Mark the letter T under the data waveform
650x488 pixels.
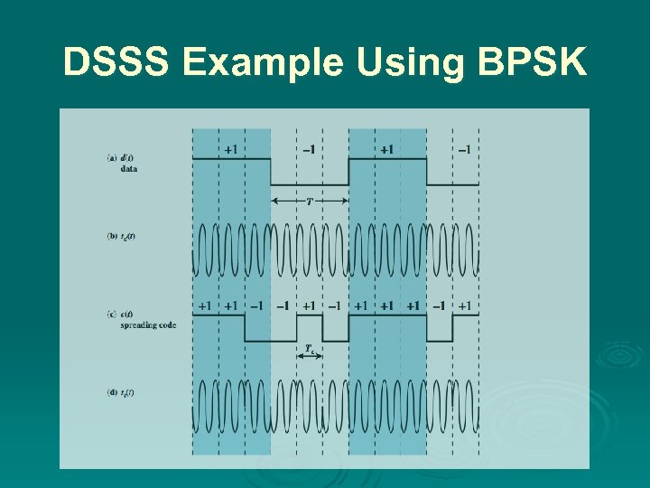tap(310, 201)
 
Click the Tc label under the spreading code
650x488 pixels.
tap(309, 347)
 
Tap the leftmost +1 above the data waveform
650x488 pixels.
tap(231, 149)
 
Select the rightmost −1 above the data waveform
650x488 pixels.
tap(464, 149)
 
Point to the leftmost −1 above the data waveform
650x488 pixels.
tap(309, 149)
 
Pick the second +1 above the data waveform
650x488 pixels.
tap(386, 149)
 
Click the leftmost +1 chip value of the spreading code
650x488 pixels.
tap(205, 306)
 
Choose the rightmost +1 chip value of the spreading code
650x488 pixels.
tap(464, 306)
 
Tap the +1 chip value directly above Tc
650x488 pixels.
tap(309, 306)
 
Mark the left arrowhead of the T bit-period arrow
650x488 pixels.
tap(274, 200)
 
